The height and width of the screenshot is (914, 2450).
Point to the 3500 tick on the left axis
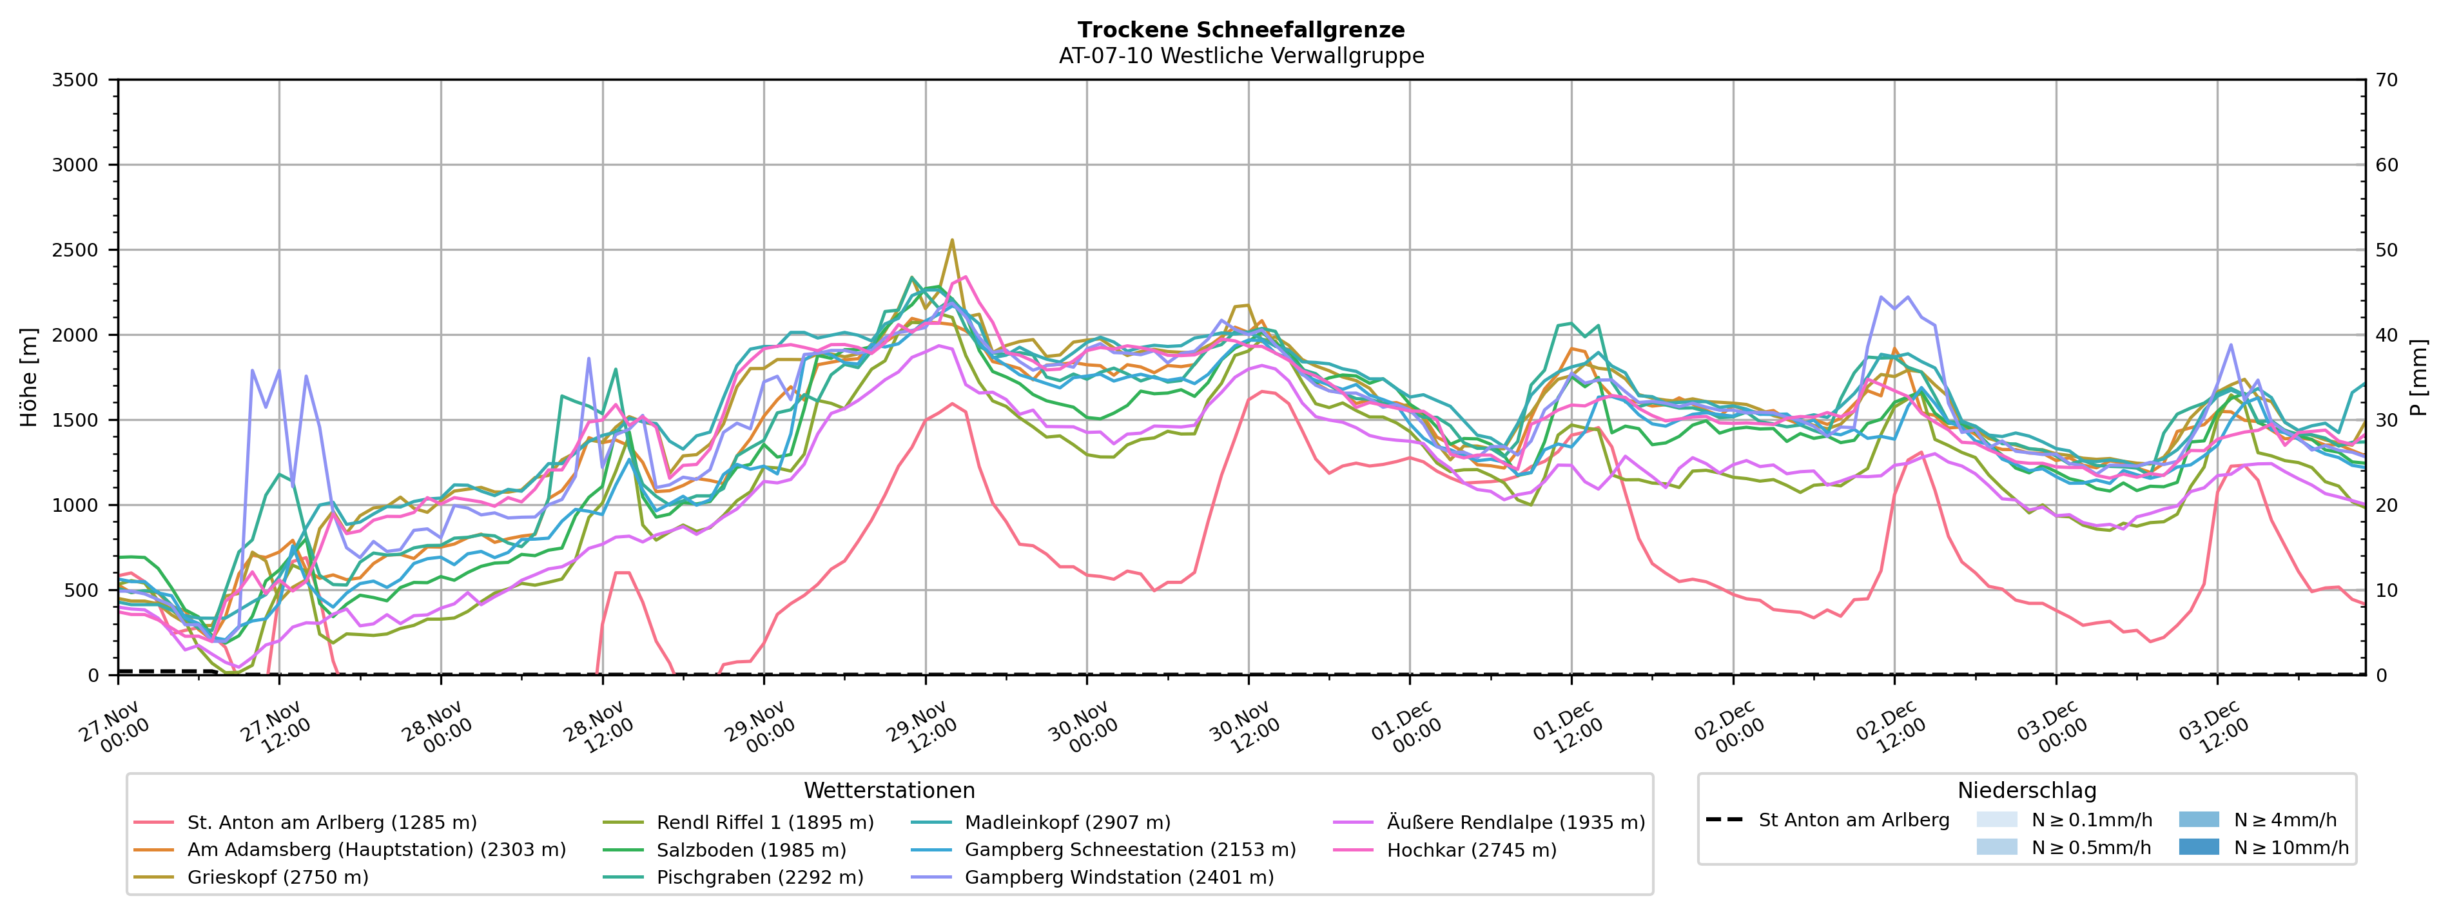click(75, 80)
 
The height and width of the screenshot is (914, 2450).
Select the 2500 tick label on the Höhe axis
click(75, 250)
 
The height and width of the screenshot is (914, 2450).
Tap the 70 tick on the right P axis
click(2387, 80)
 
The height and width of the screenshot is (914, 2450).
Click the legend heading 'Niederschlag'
click(2026, 790)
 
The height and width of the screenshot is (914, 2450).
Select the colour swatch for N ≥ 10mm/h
click(2198, 846)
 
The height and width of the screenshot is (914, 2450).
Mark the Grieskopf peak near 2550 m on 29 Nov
click(952, 240)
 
